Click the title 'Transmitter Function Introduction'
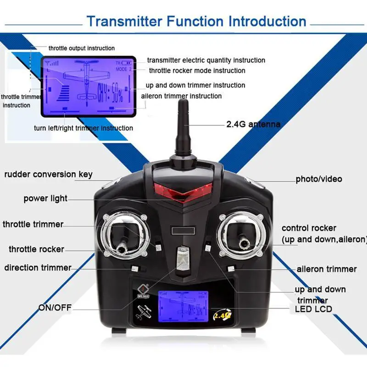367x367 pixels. (x=196, y=21)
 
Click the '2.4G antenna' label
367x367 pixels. (x=253, y=124)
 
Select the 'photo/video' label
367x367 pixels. (x=319, y=179)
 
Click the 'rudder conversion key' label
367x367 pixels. (x=49, y=174)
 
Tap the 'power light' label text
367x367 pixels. (x=45, y=199)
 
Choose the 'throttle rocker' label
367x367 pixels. (x=36, y=250)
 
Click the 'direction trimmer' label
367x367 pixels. (x=38, y=267)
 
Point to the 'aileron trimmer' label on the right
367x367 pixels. (x=327, y=269)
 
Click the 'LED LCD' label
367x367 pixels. (x=313, y=309)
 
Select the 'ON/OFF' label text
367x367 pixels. (x=55, y=307)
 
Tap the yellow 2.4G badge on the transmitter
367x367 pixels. (x=221, y=316)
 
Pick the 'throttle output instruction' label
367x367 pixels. (x=82, y=48)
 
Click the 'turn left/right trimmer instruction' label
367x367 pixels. (x=83, y=128)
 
